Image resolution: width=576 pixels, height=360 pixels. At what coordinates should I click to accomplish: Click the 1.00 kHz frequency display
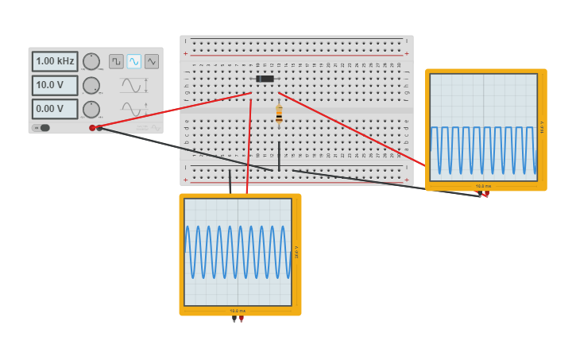pos(55,61)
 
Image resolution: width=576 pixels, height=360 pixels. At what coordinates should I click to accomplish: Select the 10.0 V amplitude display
pos(55,85)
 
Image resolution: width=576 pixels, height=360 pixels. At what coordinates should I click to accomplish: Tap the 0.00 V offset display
pos(55,109)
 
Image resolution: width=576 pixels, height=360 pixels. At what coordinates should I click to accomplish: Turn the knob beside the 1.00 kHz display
pos(91,61)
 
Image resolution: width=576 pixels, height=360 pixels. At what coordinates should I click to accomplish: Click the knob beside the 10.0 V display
pos(91,85)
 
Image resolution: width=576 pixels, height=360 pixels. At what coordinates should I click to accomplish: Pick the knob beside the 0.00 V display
pos(91,109)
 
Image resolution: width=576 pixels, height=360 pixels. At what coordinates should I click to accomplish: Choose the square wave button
pos(116,61)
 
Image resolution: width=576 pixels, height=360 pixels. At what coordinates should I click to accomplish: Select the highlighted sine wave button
pos(133,61)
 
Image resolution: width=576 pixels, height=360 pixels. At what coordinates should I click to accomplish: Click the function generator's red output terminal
pos(92,128)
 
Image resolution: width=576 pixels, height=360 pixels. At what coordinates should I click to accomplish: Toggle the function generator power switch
pos(42,128)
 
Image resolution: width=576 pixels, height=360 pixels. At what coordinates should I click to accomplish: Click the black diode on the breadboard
pos(265,79)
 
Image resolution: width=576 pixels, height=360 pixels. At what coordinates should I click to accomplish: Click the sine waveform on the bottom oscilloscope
pos(238,252)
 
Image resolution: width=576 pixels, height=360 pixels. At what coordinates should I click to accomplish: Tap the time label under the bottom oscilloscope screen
pos(238,311)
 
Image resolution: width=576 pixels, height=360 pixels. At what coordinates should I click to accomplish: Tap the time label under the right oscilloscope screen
pos(483,186)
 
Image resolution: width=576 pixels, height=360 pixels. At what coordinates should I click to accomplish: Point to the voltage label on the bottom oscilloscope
pos(296,251)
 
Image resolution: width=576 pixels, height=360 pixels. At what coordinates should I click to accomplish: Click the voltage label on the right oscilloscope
pos(542,127)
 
